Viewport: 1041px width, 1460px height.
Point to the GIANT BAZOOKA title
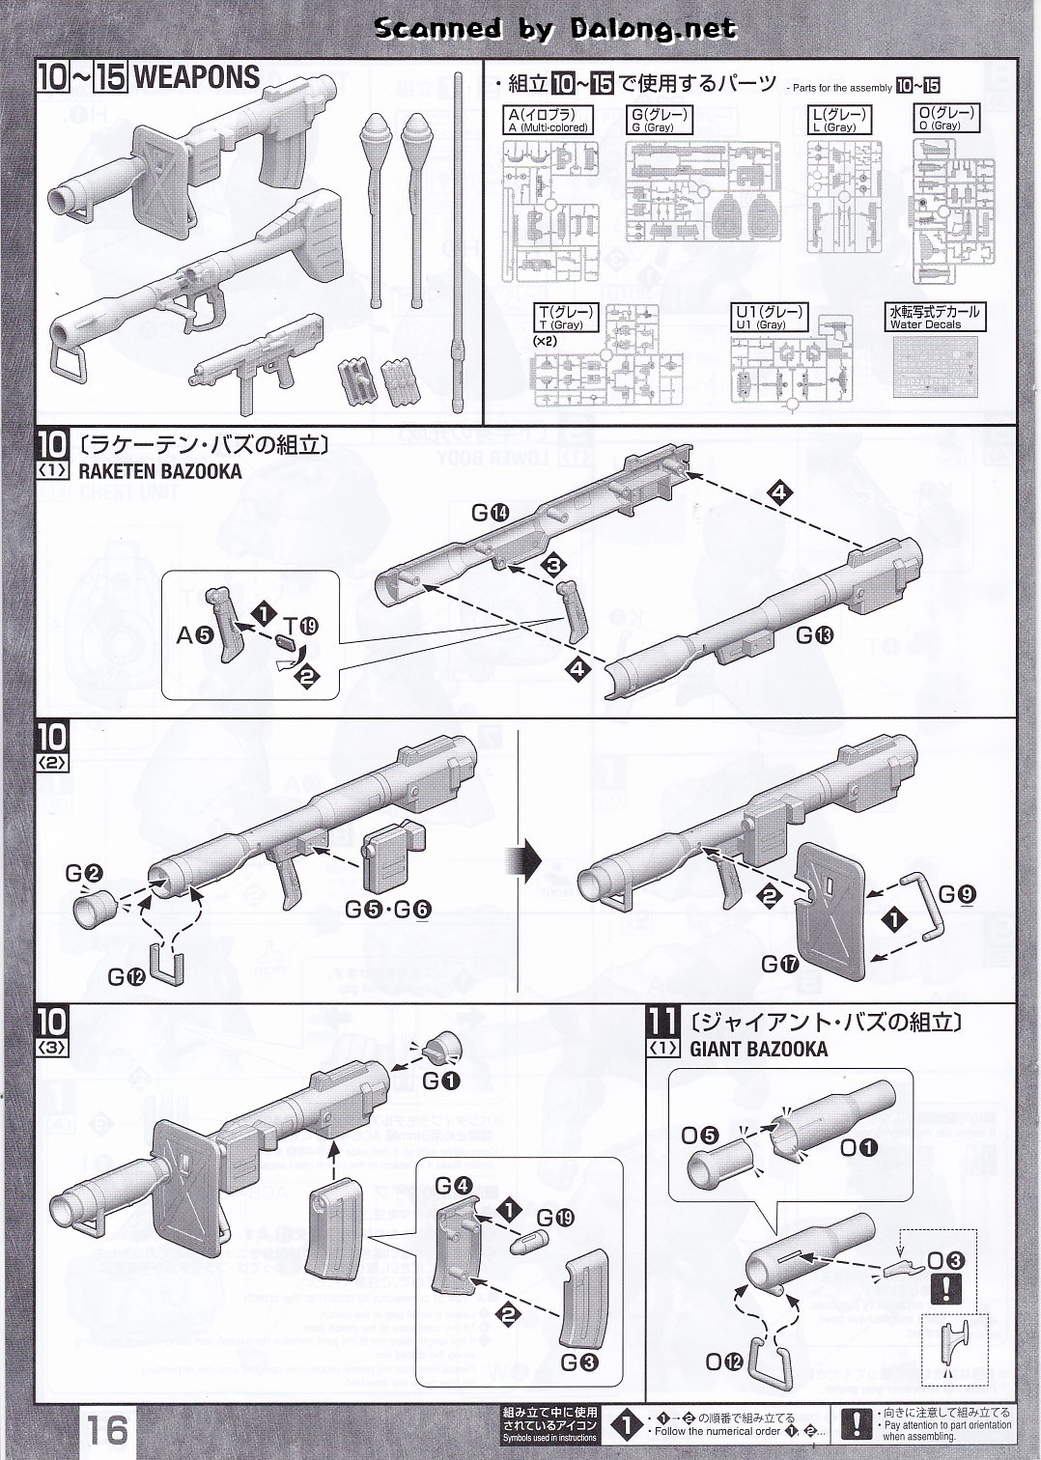point(758,1049)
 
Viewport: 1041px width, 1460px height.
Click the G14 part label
point(490,514)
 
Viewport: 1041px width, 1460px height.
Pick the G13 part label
point(815,634)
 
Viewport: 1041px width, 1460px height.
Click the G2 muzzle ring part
point(97,909)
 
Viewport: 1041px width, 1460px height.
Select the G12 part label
point(126,976)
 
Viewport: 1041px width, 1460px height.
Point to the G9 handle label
point(957,894)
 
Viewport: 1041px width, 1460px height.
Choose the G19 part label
point(555,1218)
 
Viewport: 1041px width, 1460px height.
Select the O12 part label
point(725,1362)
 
